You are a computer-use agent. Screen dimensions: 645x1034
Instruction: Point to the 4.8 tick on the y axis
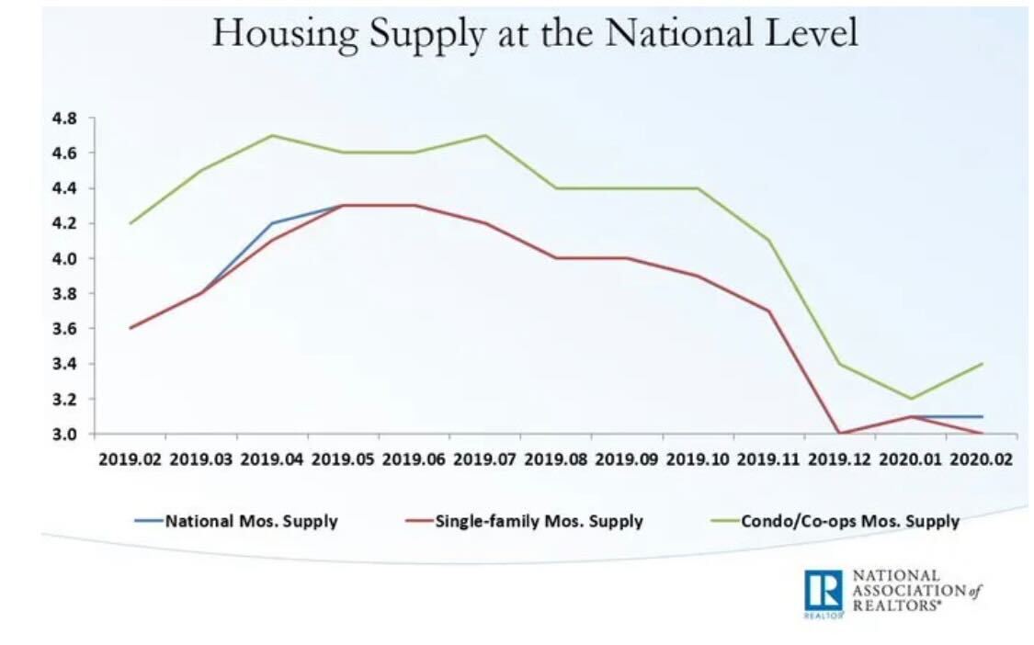pyautogui.click(x=63, y=118)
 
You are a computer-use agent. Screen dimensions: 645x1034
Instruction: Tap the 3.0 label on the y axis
pyautogui.click(x=63, y=434)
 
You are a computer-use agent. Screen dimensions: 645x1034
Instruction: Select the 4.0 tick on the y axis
pyautogui.click(x=63, y=258)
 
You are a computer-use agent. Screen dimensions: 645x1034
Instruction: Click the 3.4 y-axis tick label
pyautogui.click(x=63, y=364)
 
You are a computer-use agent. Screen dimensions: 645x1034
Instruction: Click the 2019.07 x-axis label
pyautogui.click(x=483, y=458)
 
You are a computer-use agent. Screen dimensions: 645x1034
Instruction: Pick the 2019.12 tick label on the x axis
pyautogui.click(x=838, y=458)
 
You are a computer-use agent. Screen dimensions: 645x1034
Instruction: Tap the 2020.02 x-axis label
pyautogui.click(x=980, y=458)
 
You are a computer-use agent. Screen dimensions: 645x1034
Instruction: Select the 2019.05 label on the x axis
pyautogui.click(x=342, y=458)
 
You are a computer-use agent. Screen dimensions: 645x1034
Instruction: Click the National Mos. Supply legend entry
pyautogui.click(x=251, y=521)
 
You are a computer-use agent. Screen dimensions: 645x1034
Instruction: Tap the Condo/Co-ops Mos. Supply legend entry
pyautogui.click(x=849, y=521)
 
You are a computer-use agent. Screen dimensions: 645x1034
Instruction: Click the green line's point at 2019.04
pyautogui.click(x=273, y=135)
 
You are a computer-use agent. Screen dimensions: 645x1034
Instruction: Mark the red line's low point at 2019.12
pyautogui.click(x=839, y=434)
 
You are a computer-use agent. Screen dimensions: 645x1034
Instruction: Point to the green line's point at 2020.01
pyautogui.click(x=910, y=399)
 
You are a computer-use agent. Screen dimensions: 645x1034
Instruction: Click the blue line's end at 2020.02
pyautogui.click(x=982, y=416)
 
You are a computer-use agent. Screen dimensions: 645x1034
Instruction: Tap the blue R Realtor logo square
pyautogui.click(x=824, y=589)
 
